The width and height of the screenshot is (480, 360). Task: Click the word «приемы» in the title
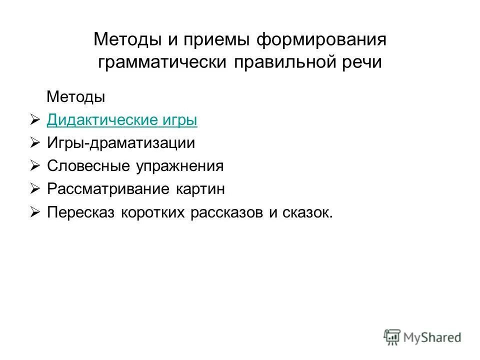tap(214, 39)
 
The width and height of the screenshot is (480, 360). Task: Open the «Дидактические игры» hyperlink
tap(122, 120)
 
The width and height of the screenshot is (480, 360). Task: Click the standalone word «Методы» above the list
tap(76, 97)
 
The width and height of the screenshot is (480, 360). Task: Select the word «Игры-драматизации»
tap(121, 143)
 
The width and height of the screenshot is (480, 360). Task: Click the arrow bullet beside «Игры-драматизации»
tap(34, 143)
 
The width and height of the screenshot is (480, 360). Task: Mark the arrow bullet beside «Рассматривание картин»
tap(34, 189)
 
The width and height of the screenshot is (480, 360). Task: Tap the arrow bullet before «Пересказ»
tap(34, 212)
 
